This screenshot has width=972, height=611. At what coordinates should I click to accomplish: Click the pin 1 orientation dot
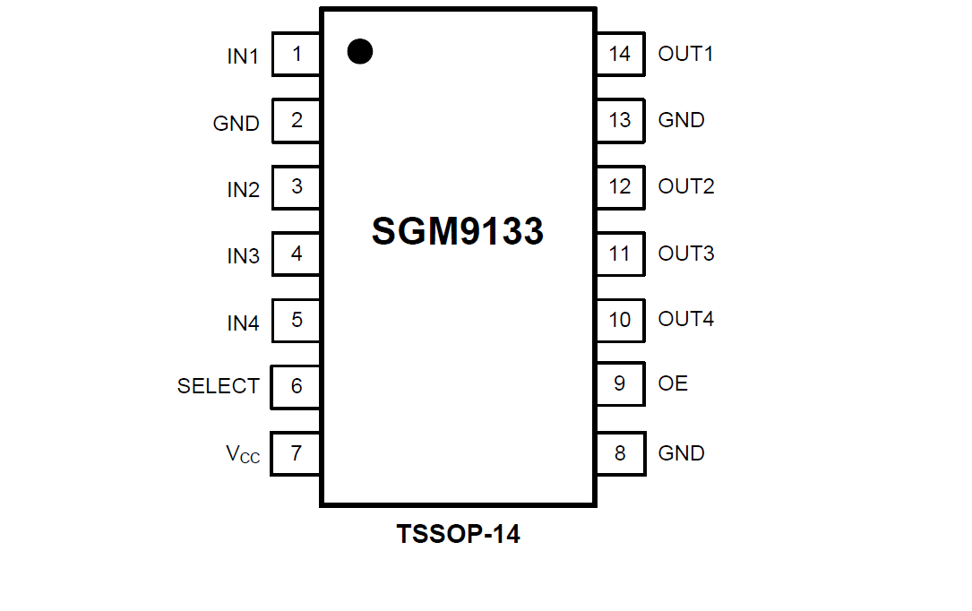click(359, 52)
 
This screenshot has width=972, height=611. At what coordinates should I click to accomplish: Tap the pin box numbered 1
click(297, 55)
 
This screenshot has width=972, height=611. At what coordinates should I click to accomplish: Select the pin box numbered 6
click(297, 386)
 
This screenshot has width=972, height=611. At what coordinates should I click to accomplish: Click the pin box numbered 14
click(620, 54)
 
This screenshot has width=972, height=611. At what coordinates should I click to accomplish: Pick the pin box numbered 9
click(620, 384)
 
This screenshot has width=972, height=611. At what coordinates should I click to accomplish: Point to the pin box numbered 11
click(620, 254)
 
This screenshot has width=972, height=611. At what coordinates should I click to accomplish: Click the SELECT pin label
click(219, 386)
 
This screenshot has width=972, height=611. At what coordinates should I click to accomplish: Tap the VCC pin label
click(243, 454)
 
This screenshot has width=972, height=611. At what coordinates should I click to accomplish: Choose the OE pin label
click(673, 383)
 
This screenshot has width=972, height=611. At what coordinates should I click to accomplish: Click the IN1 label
click(243, 56)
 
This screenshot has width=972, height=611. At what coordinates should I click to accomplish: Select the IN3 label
click(243, 256)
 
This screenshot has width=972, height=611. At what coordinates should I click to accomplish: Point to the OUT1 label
click(685, 54)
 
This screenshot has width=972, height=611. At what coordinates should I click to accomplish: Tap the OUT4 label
click(685, 319)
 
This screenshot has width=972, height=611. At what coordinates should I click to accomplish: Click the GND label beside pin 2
click(237, 124)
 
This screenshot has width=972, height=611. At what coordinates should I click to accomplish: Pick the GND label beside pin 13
click(681, 120)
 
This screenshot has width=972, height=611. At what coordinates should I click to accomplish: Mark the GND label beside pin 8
click(681, 453)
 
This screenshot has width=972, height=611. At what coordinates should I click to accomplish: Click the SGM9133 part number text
click(458, 232)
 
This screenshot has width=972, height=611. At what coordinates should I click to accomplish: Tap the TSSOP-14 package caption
click(458, 535)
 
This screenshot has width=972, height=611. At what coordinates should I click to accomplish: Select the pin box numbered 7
click(297, 453)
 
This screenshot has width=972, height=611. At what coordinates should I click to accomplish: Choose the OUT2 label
click(685, 186)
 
